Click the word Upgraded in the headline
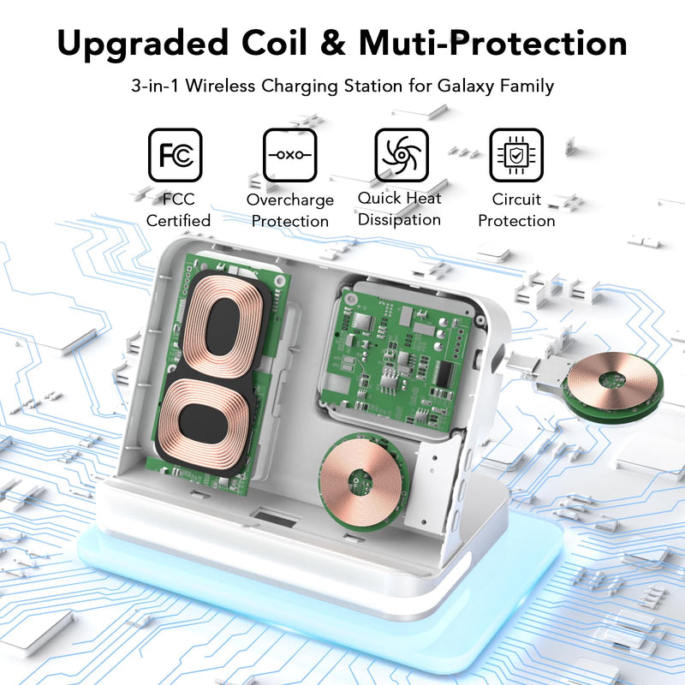point(142,45)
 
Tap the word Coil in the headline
point(274,43)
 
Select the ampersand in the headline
point(332,44)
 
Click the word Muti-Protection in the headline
point(493,43)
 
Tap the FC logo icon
point(176,155)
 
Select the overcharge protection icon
point(289,155)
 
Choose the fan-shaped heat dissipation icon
point(402,155)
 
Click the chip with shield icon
point(516,155)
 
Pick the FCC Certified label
point(178,210)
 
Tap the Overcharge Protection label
point(290,211)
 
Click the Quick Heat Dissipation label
point(399,209)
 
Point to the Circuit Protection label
point(516,210)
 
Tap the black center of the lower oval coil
point(204,423)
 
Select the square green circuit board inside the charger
point(396,357)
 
